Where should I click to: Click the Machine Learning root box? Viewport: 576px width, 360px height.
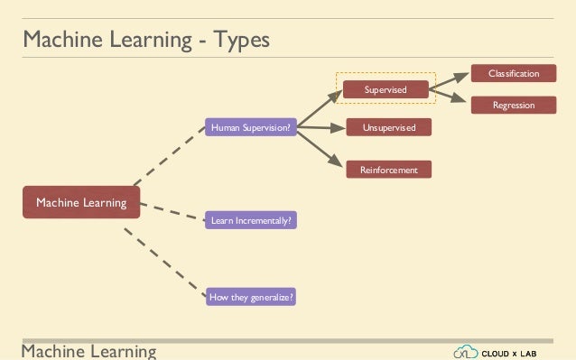(81, 203)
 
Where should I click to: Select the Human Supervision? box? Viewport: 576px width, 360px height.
(250, 128)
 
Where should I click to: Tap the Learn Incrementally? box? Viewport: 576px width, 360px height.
(250, 219)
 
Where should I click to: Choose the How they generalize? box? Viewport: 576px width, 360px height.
(250, 296)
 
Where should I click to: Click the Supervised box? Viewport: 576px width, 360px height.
(386, 90)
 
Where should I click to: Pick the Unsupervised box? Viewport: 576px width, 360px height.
(389, 128)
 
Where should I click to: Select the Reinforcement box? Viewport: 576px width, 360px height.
(389, 169)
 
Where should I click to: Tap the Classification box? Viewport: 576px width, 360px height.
(513, 73)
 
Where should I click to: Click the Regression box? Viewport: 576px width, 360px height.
(513, 106)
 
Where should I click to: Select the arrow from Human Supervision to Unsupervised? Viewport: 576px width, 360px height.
(321, 128)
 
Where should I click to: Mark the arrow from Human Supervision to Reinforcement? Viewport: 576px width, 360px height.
(321, 146)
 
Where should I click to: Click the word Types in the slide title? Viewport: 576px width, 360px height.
(238, 41)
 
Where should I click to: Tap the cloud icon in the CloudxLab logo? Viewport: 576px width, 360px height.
(465, 350)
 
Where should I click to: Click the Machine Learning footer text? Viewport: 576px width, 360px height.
(88, 350)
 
